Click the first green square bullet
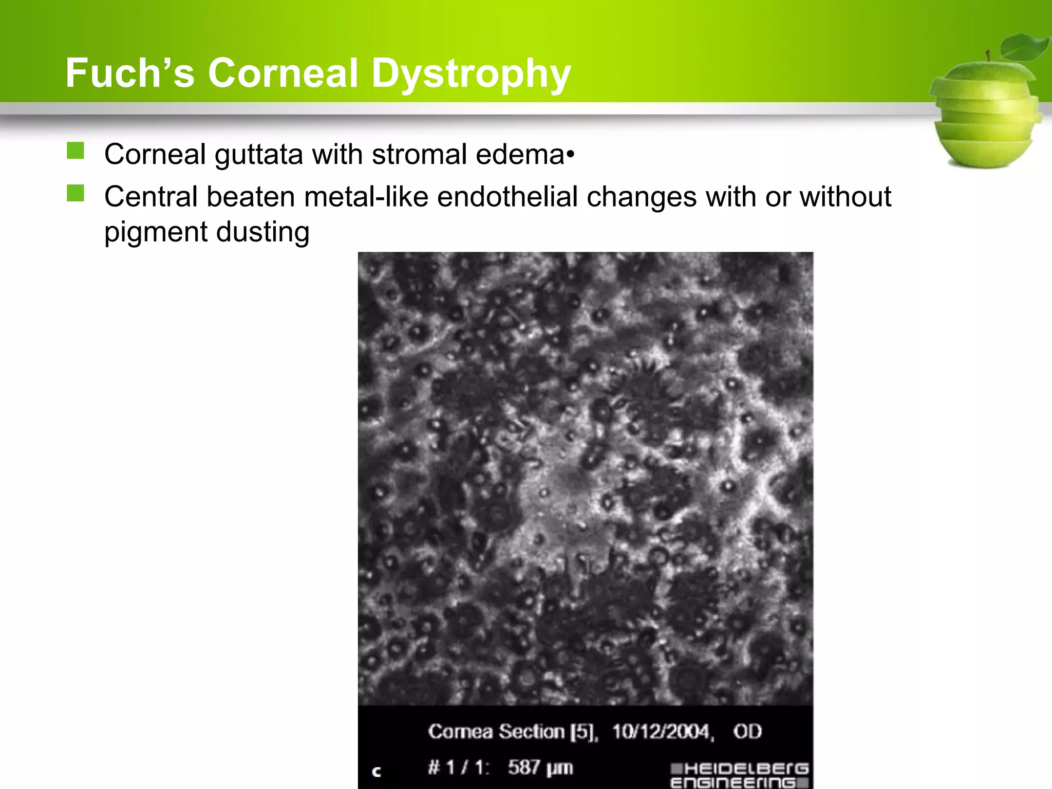(x=76, y=151)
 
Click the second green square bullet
(x=76, y=193)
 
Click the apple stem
(x=988, y=56)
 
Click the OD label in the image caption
(x=747, y=731)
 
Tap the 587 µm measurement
(x=540, y=767)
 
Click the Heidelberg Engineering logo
(x=740, y=775)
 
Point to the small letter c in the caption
(x=377, y=771)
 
